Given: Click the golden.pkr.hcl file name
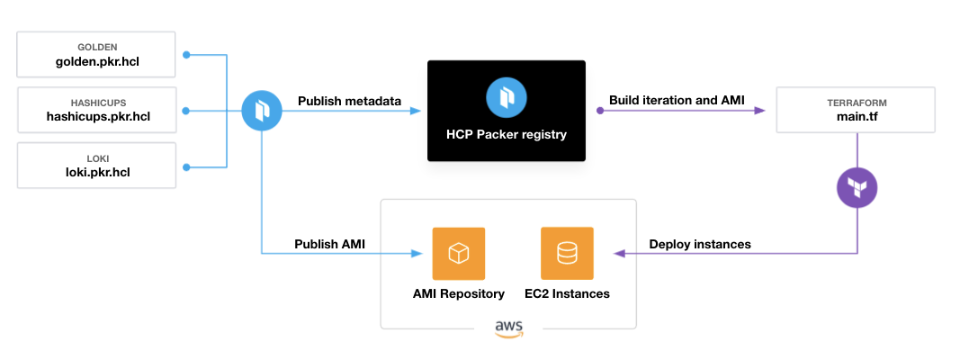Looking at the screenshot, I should [96, 62].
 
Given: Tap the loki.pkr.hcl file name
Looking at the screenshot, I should [96, 172].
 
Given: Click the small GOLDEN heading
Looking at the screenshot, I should [96, 46].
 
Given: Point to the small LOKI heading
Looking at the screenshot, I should [96, 157].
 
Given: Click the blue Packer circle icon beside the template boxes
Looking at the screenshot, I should [262, 111].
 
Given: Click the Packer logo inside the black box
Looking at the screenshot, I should [506, 98].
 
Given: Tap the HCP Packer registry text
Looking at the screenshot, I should [506, 135].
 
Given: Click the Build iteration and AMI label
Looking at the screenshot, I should [677, 100].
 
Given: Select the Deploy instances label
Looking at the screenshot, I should [699, 243].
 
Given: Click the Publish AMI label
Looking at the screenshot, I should [330, 243].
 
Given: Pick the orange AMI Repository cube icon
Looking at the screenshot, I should [459, 254].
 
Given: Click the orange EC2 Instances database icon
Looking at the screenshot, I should [567, 254].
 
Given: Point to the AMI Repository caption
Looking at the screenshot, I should [459, 293].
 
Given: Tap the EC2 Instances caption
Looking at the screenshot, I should [567, 293].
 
